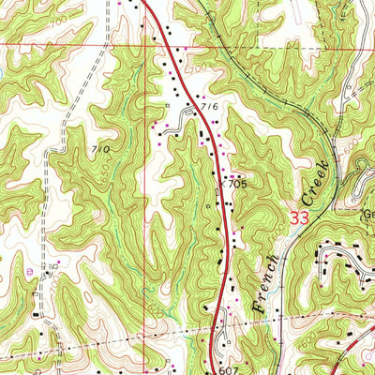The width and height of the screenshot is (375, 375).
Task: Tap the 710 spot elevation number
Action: click(101, 149)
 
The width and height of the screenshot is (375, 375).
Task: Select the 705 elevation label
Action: click(236, 185)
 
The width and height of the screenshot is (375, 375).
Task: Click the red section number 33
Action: click(298, 217)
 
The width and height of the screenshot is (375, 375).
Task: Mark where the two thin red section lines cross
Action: click(143, 43)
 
